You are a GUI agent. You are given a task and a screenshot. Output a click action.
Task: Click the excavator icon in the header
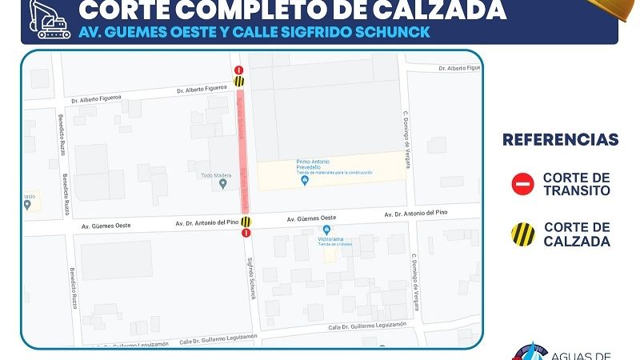(50, 19)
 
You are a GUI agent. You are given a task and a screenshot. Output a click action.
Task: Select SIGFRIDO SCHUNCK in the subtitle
(364, 32)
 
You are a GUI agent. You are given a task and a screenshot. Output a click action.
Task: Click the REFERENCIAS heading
(560, 140)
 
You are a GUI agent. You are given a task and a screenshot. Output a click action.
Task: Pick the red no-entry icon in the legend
(522, 185)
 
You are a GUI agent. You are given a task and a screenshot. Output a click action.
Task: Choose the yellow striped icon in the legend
(522, 234)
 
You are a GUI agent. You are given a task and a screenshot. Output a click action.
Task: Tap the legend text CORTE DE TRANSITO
(576, 184)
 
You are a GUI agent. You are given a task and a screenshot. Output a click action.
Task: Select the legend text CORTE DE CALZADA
(576, 234)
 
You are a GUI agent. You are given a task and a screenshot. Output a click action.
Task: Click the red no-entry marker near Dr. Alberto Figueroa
(239, 70)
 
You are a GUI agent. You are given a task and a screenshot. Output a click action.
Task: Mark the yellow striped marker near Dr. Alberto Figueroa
(239, 81)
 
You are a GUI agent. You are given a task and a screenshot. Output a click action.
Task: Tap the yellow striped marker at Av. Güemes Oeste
(246, 222)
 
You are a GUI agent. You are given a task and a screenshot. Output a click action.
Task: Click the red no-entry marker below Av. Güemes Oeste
(246, 233)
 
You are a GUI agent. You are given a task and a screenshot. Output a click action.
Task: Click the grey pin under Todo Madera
(223, 184)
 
